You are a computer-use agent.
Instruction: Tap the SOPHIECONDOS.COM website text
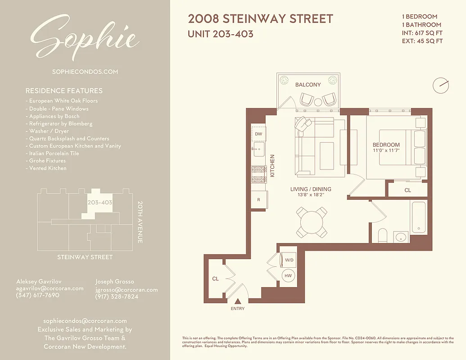(x=85, y=72)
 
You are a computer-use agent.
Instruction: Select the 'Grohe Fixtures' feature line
(x=47, y=161)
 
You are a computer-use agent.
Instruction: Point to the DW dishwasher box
(x=258, y=134)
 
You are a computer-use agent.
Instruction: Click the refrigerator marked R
(x=259, y=199)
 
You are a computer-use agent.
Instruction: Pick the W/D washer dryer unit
(x=289, y=260)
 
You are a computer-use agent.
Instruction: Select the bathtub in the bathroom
(x=419, y=218)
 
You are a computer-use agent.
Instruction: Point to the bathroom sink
(x=400, y=237)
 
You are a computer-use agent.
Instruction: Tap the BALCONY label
(x=308, y=85)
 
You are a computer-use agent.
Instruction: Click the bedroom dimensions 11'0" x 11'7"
(x=386, y=151)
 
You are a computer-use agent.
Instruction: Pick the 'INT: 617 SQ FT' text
(x=422, y=33)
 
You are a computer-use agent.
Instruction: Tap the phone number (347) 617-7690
(x=37, y=295)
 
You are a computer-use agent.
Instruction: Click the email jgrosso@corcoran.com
(x=127, y=290)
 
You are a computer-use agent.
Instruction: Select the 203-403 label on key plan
(x=100, y=202)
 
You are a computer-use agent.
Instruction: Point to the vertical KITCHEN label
(x=272, y=166)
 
